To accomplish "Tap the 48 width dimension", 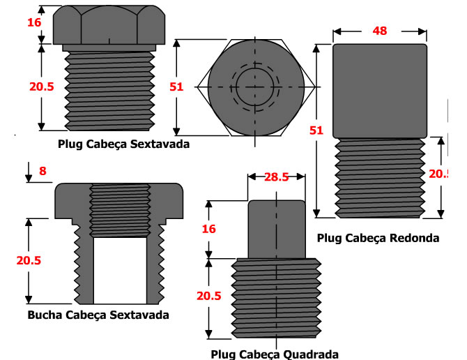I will tap(379, 31).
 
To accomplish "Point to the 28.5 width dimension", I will tap(276, 177).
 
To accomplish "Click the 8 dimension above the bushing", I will tap(43, 170).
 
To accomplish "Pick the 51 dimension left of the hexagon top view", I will tap(176, 87).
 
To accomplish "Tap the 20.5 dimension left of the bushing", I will tap(29, 260).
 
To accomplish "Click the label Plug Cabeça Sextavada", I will tap(124, 144).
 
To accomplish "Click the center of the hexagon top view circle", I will tap(255, 87).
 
